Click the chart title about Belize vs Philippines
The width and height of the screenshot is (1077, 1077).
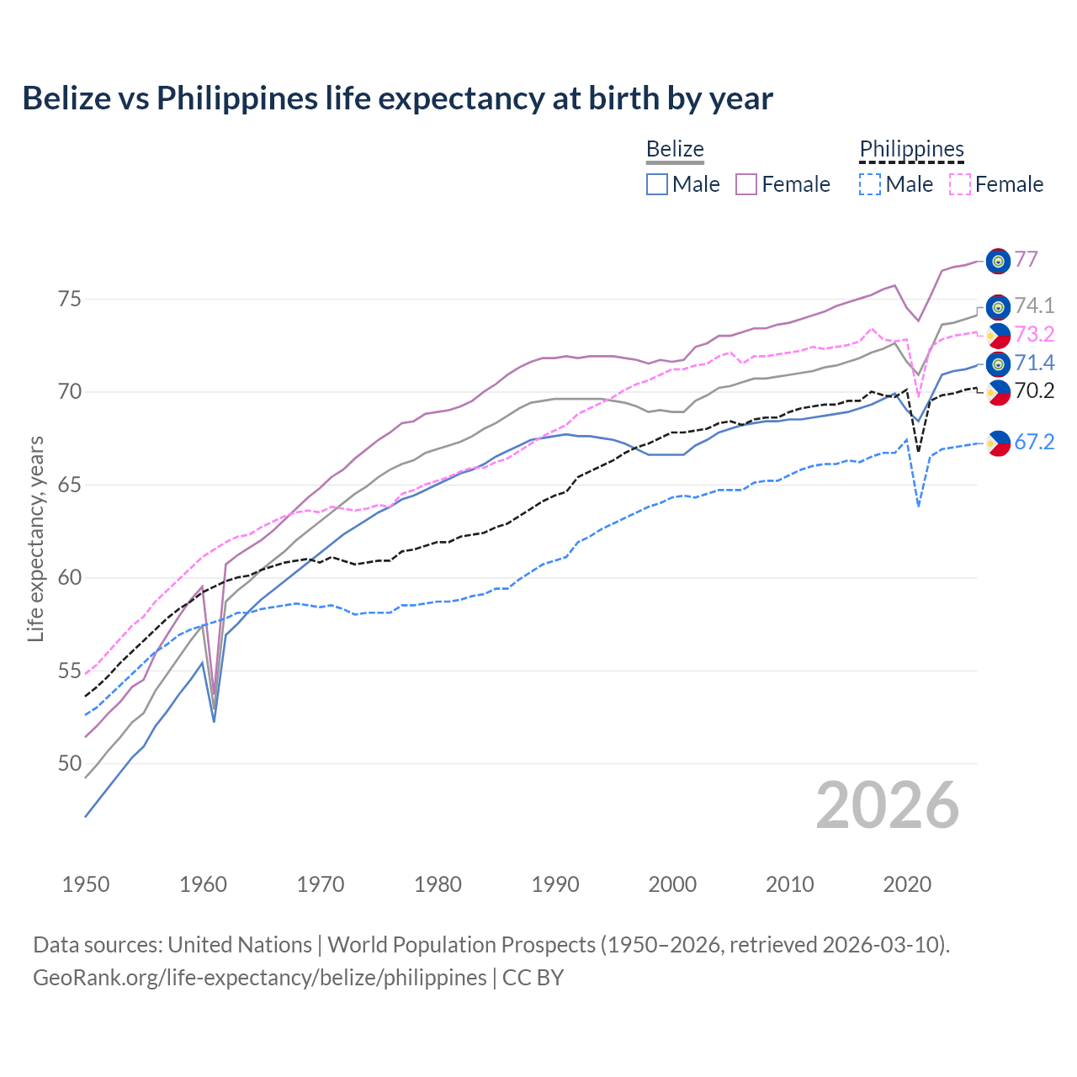[x=397, y=98]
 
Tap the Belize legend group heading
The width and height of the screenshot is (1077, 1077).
[x=675, y=150]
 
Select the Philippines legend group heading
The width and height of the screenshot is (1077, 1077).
[x=911, y=150]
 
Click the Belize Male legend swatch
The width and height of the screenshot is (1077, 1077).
[x=657, y=184]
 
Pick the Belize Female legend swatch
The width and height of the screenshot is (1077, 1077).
[x=746, y=184]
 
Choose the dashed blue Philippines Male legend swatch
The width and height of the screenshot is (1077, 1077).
[x=870, y=184]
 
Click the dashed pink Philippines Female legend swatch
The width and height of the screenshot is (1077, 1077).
[x=959, y=184]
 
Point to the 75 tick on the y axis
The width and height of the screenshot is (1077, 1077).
[x=70, y=300]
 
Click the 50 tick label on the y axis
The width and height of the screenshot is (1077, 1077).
[x=70, y=764]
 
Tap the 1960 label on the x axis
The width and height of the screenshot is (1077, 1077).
[x=203, y=884]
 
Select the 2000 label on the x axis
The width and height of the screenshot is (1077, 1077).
[x=672, y=884]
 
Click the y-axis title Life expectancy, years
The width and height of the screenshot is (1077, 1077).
[x=36, y=538]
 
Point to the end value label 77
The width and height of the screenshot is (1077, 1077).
[x=1026, y=259]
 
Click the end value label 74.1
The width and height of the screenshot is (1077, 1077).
[x=1034, y=305]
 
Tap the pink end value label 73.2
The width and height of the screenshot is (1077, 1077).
[x=1034, y=334]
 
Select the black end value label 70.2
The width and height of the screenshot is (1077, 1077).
[x=1034, y=390]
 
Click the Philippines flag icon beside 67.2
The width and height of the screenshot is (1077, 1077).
[x=998, y=443]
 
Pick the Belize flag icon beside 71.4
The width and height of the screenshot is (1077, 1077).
[x=998, y=363]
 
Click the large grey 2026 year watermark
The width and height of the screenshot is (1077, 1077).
[x=888, y=805]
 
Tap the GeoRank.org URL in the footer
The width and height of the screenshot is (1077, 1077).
[x=259, y=978]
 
